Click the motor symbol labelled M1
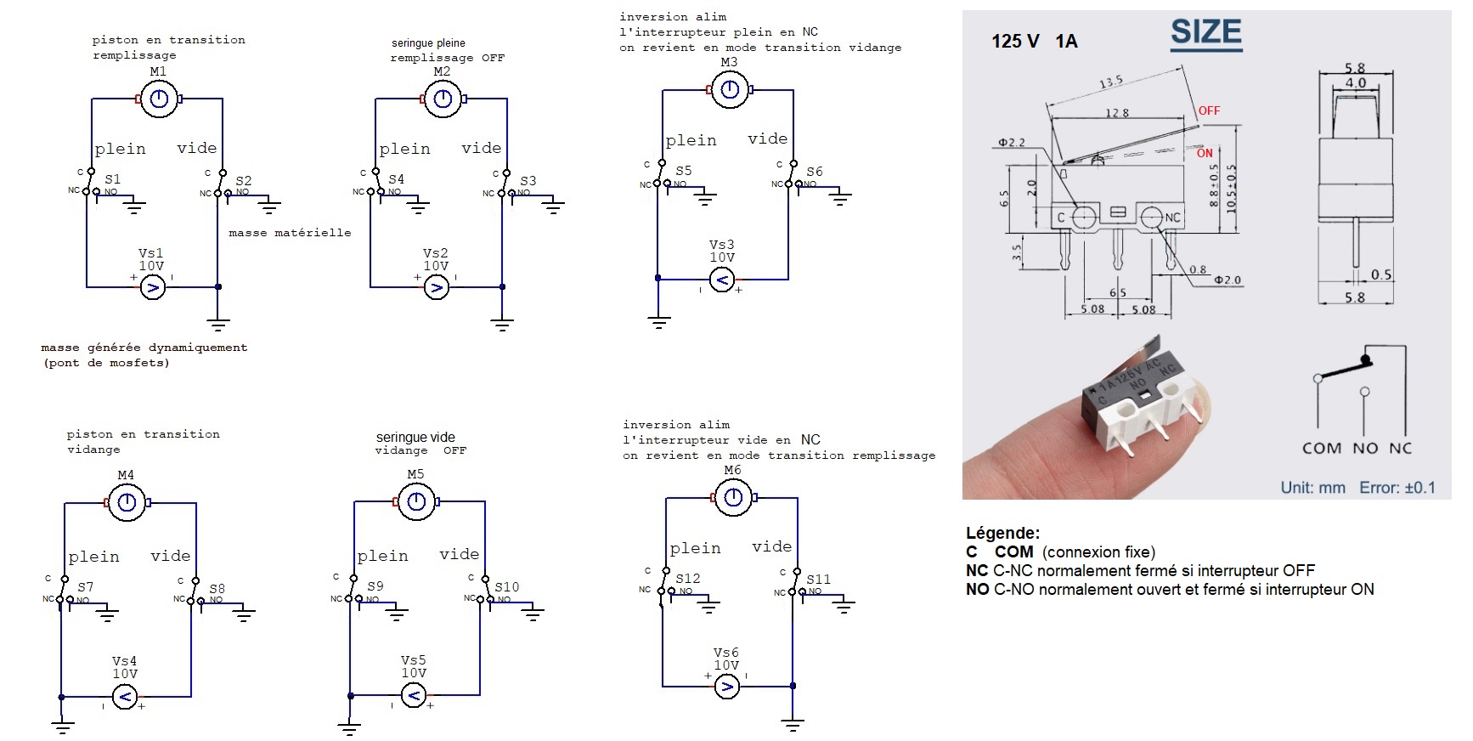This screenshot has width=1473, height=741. (159, 100)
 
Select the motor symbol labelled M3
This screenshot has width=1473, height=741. (729, 89)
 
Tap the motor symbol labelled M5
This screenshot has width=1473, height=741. (416, 502)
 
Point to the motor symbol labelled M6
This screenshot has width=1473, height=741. (733, 497)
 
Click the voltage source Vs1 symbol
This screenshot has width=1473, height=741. (152, 287)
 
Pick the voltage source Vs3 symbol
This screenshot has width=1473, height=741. (721, 279)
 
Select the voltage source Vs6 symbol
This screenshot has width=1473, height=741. (726, 686)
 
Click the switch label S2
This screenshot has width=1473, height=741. (244, 181)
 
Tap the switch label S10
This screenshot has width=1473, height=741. (507, 587)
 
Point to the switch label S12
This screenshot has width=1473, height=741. (688, 579)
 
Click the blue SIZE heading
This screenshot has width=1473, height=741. (1205, 32)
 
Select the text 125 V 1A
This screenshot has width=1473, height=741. (1034, 41)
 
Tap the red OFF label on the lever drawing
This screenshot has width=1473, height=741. (1209, 110)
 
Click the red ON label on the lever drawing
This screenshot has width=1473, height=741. (1205, 153)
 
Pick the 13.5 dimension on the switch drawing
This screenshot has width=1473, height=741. (1111, 82)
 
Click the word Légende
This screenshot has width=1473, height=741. (1002, 534)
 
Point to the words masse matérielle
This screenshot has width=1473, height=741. (290, 233)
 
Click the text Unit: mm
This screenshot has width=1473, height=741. (1313, 488)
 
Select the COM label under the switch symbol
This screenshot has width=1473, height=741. (1321, 448)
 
